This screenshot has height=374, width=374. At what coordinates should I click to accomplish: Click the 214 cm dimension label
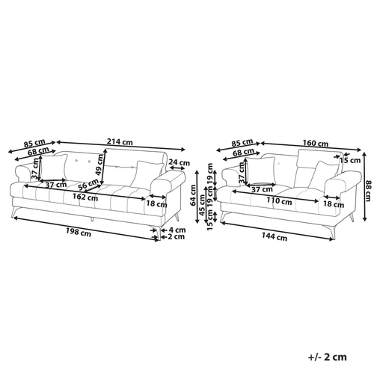click(x=120, y=142)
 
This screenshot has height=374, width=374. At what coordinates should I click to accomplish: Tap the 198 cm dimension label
click(x=79, y=233)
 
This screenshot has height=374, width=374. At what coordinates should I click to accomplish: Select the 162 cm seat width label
click(x=85, y=197)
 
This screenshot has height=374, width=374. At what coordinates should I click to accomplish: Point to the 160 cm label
click(x=316, y=143)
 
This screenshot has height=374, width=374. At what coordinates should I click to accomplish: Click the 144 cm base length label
click(x=275, y=236)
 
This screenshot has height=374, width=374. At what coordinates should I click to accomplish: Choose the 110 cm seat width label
click(x=279, y=200)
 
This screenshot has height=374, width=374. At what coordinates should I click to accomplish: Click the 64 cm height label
click(x=194, y=195)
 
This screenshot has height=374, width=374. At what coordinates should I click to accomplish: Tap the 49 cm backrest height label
click(x=99, y=165)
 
